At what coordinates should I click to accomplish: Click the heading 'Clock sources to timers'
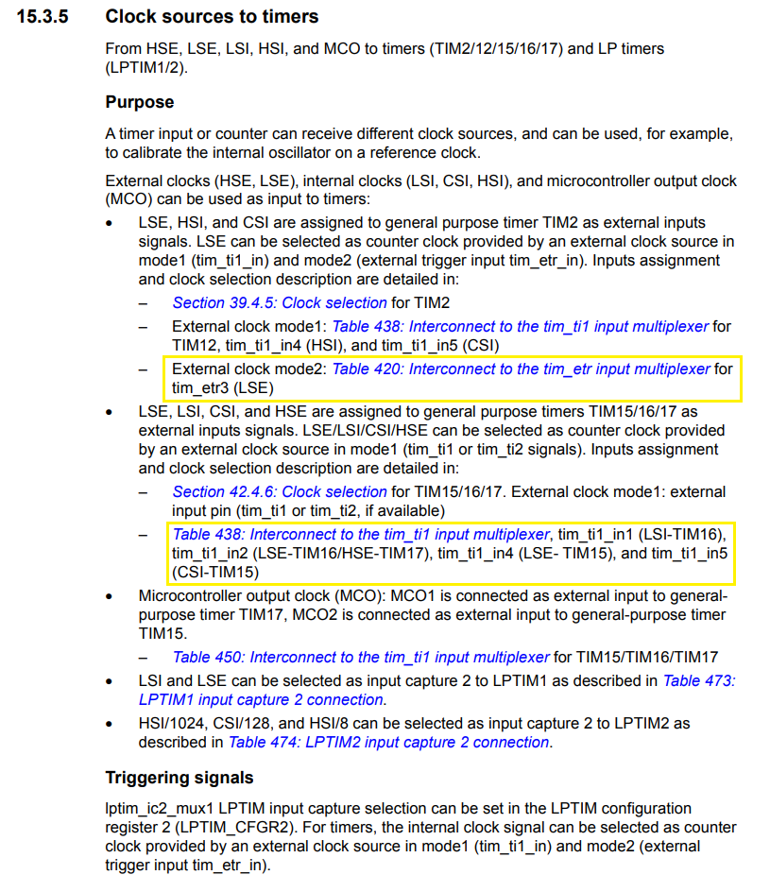212,16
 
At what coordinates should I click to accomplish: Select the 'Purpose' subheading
139,101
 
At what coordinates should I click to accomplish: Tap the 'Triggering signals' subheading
179,778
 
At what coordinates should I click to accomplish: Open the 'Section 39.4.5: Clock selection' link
280,302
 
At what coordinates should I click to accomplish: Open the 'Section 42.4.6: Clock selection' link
280,491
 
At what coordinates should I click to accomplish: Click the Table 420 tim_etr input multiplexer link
521,369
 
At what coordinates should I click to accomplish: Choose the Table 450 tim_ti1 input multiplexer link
361,657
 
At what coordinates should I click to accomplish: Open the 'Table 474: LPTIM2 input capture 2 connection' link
388,742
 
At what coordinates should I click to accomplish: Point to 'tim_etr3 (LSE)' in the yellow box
224,387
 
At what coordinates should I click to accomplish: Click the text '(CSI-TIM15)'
215,572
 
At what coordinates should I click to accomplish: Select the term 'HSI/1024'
168,723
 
